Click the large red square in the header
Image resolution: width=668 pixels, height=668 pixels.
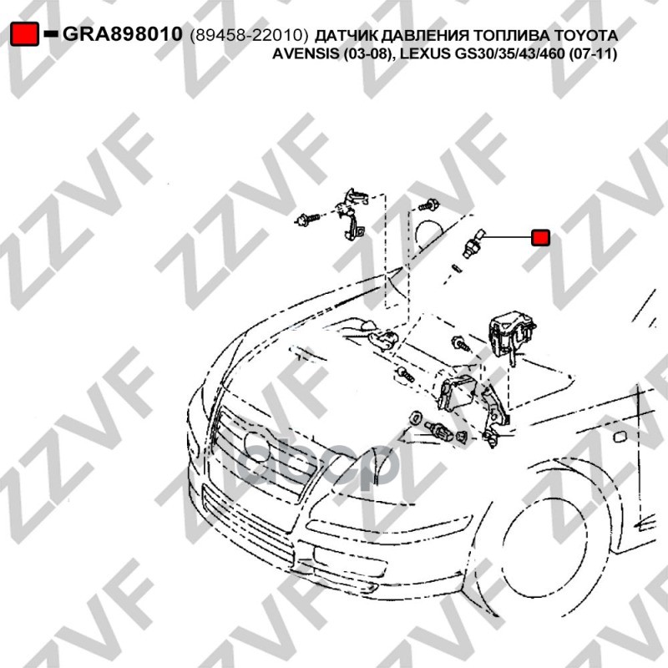click(25, 33)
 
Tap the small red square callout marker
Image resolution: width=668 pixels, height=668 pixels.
click(540, 237)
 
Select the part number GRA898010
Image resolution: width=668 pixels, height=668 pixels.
click(122, 34)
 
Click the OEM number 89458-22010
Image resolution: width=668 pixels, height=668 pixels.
click(249, 36)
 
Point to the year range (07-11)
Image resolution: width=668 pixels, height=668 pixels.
click(593, 54)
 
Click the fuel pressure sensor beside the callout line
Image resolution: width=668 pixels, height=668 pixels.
click(473, 243)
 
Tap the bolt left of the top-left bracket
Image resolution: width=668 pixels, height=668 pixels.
click(306, 220)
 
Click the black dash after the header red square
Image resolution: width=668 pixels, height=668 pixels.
click(51, 33)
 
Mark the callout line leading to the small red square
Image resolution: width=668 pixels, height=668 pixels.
click(507, 236)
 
